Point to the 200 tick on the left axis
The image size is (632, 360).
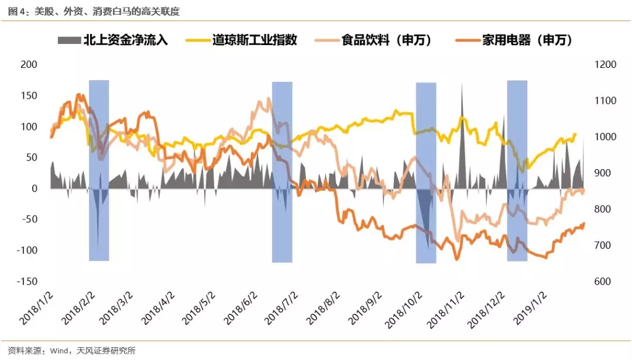[x=28, y=64]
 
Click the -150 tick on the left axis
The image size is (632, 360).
[x=26, y=281]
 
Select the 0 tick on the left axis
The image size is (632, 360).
[x=33, y=188]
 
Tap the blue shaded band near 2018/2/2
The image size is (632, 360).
[x=99, y=170]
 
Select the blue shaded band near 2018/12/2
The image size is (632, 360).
[x=517, y=170]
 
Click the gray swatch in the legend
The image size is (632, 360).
[x=70, y=40]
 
